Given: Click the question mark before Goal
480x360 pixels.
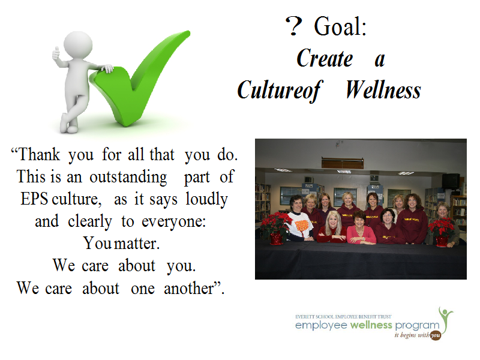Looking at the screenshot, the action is point(293,26).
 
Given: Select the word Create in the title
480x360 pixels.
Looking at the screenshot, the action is point(325,58).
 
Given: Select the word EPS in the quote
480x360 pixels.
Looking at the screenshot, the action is point(34,199).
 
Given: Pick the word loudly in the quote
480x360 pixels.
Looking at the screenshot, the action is point(206,200).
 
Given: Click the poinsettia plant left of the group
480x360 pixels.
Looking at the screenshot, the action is point(276,228).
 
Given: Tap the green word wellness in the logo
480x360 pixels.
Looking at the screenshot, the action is point(371,325).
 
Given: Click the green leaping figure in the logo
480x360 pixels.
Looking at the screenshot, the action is point(446,319).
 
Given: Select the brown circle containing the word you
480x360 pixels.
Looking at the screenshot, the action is point(436,335).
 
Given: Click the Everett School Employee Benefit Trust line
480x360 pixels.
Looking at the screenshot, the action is point(343,317).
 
